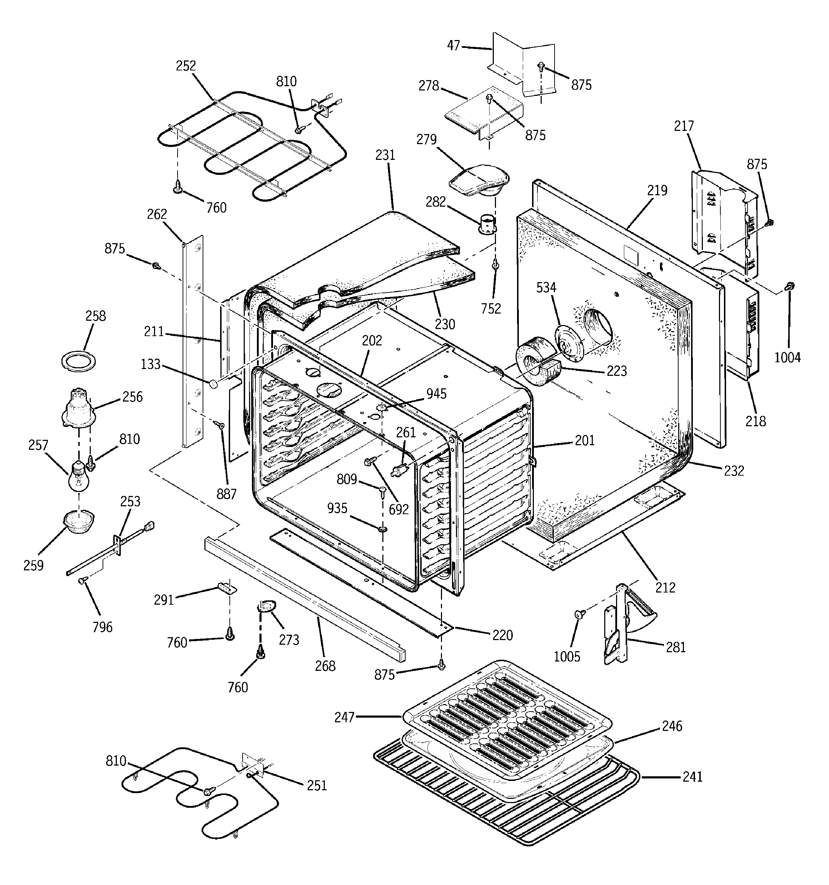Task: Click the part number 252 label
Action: click(185, 66)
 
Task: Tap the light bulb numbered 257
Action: click(78, 476)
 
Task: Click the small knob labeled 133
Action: click(214, 383)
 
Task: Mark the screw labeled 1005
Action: click(579, 614)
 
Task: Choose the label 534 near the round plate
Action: click(546, 287)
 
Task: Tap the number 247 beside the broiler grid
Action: click(344, 717)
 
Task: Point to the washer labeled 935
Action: click(382, 529)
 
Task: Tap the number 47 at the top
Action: click(453, 46)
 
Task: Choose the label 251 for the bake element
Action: click(317, 785)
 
